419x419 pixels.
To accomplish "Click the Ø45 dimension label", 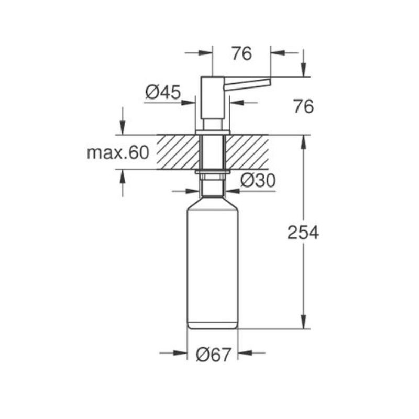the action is coord(163,92).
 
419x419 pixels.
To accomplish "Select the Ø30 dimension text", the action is coord(258,180).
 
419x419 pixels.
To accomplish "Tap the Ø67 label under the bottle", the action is coord(213,355).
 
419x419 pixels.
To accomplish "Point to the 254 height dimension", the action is coord(303,232).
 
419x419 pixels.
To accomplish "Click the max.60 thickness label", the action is coord(118,152).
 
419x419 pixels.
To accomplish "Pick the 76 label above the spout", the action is coord(241,53).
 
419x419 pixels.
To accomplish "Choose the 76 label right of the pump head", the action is coord(304,106).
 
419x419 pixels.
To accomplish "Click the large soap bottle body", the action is coord(213,263).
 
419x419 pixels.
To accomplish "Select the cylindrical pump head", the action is coord(213,97).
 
